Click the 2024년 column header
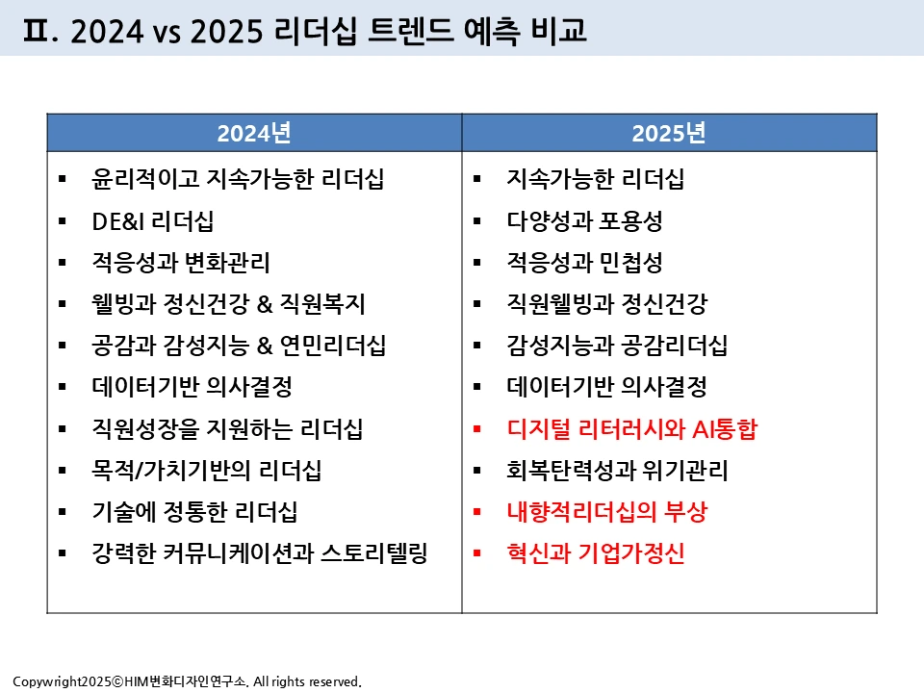tap(254, 133)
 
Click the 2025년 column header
tap(669, 133)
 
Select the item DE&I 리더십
tap(152, 221)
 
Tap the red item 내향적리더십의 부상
tap(606, 512)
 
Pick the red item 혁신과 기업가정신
tap(595, 553)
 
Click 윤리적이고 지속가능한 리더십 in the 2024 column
tap(229, 180)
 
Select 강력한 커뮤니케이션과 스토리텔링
tap(259, 553)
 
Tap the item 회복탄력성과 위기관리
tap(617, 471)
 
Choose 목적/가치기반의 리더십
tap(206, 471)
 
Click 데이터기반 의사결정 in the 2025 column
tap(606, 388)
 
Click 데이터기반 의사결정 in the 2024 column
tap(192, 388)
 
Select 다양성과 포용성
tap(584, 221)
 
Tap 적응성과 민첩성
tap(584, 263)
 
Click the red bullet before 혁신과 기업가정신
tap(477, 553)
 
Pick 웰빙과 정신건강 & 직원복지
tap(228, 305)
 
